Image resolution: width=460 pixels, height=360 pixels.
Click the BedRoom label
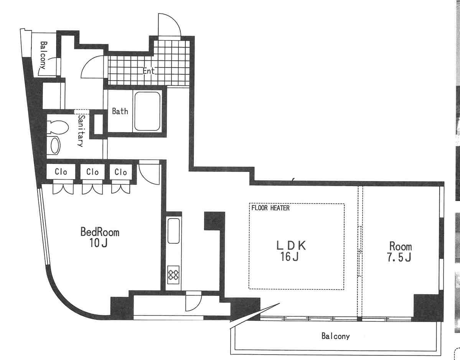(100, 232)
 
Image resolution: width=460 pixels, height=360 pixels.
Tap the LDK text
(291, 245)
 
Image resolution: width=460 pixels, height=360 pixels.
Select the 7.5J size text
(399, 257)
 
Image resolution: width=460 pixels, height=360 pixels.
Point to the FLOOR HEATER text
(270, 208)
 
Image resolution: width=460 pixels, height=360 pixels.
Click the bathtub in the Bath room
(147, 111)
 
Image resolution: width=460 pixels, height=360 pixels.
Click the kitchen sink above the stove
(173, 231)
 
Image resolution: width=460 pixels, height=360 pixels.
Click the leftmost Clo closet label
(61, 172)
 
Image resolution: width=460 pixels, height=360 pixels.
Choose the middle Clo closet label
(92, 172)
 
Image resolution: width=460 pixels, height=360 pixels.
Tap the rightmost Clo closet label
(120, 172)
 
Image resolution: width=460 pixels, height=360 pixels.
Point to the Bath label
(120, 111)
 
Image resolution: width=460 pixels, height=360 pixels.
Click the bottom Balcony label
(336, 336)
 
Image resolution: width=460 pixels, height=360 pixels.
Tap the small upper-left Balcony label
(43, 55)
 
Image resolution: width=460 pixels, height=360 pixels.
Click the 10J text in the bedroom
(98, 243)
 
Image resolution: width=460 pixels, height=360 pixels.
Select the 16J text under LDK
(289, 257)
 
